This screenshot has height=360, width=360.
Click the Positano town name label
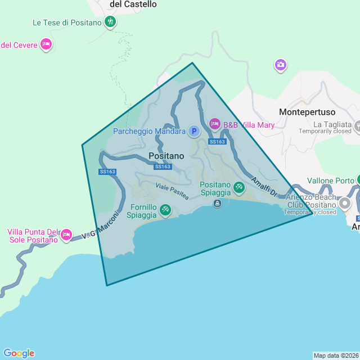tap(166, 155)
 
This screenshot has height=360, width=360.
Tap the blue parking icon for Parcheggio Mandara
tap(193, 131)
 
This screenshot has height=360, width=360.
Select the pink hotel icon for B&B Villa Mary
tap(214, 123)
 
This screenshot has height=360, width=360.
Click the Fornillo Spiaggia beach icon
tap(165, 210)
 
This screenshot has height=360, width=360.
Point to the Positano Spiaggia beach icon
tap(239, 187)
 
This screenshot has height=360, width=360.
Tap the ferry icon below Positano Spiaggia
tap(217, 203)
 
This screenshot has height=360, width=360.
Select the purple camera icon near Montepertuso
tap(280, 65)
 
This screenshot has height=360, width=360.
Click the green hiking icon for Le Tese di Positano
tap(110, 22)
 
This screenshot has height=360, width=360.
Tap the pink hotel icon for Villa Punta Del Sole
tap(66, 233)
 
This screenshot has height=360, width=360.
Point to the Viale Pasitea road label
tap(172, 190)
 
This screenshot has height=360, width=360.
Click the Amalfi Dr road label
tap(264, 187)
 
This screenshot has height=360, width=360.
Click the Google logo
tap(19, 353)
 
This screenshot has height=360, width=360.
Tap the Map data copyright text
tap(335, 355)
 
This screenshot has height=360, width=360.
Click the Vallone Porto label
tap(330, 181)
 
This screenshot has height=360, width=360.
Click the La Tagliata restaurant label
tap(332, 124)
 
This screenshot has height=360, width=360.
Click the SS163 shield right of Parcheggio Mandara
tap(217, 142)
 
